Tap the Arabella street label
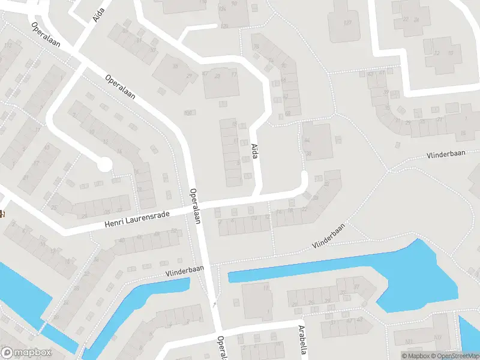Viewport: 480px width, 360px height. pos(304,340)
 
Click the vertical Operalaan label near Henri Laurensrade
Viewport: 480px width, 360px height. pos(194,206)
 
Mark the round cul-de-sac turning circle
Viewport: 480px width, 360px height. pos(105,163)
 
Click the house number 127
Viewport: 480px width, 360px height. pos(347,23)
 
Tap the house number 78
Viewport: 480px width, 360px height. pos(256,47)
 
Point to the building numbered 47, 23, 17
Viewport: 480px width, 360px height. pos(221,83)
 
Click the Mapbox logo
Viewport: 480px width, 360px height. pos(25,352)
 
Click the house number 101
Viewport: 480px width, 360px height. pos(409,342)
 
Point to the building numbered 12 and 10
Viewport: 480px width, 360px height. pos(445,53)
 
